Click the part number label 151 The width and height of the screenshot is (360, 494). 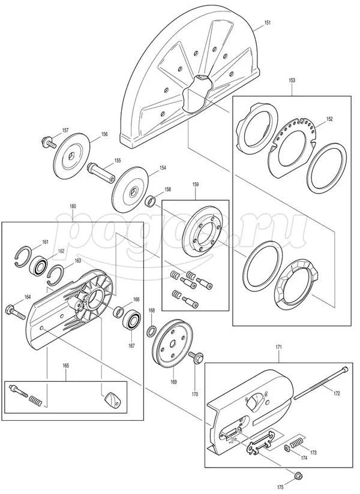(268, 23)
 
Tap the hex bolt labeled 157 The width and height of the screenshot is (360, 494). (49, 142)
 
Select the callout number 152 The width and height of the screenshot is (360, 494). (329, 119)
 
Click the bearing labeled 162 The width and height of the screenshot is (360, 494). (39, 265)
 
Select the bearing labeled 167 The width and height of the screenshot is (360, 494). (133, 320)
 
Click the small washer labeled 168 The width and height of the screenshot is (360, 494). (152, 331)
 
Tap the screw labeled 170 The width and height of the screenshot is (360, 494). (196, 358)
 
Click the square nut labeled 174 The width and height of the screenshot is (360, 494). (287, 448)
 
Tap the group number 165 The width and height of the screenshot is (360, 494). (65, 366)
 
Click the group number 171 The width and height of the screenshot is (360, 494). (279, 347)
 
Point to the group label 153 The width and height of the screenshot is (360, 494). (292, 80)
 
